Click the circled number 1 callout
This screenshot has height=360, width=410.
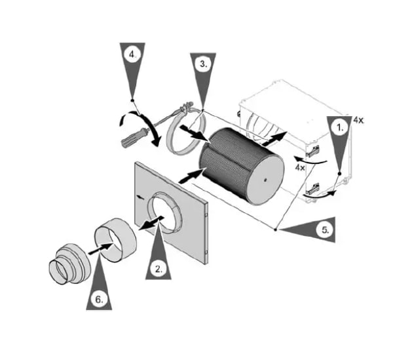point(339,128)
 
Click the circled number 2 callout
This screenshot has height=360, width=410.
point(158,269)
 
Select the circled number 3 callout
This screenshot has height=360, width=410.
point(203,64)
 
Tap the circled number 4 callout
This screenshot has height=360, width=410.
point(132,55)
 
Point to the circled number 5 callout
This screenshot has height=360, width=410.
point(324,230)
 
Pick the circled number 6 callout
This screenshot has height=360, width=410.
point(99,299)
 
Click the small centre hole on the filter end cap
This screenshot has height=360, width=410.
point(265,180)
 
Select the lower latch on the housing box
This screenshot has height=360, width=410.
point(313,189)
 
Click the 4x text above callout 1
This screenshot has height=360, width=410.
point(358,120)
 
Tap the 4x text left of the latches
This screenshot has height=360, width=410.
point(300,167)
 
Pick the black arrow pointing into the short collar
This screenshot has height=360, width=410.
point(102,248)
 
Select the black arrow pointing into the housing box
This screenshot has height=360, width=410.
point(274,139)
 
